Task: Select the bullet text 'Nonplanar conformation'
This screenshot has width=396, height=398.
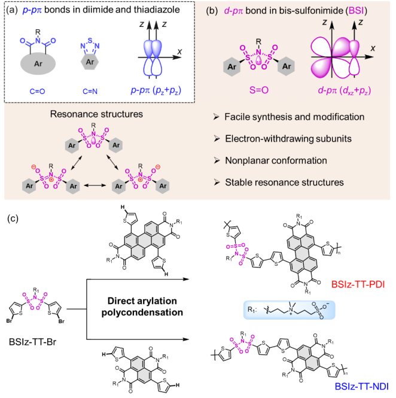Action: click(271, 160)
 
